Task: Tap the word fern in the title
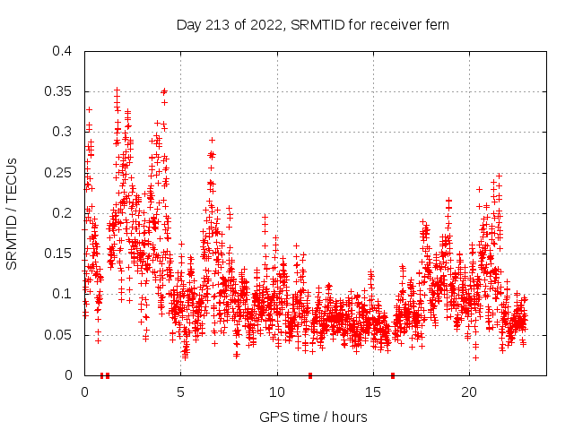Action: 435,24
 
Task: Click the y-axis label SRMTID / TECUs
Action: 13,213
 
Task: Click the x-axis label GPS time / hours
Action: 313,417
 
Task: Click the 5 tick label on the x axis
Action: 180,392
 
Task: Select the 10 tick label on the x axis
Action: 277,392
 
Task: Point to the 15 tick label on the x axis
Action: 373,392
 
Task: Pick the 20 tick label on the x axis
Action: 469,392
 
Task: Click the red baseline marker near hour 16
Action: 393,374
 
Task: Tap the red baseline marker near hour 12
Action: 310,374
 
